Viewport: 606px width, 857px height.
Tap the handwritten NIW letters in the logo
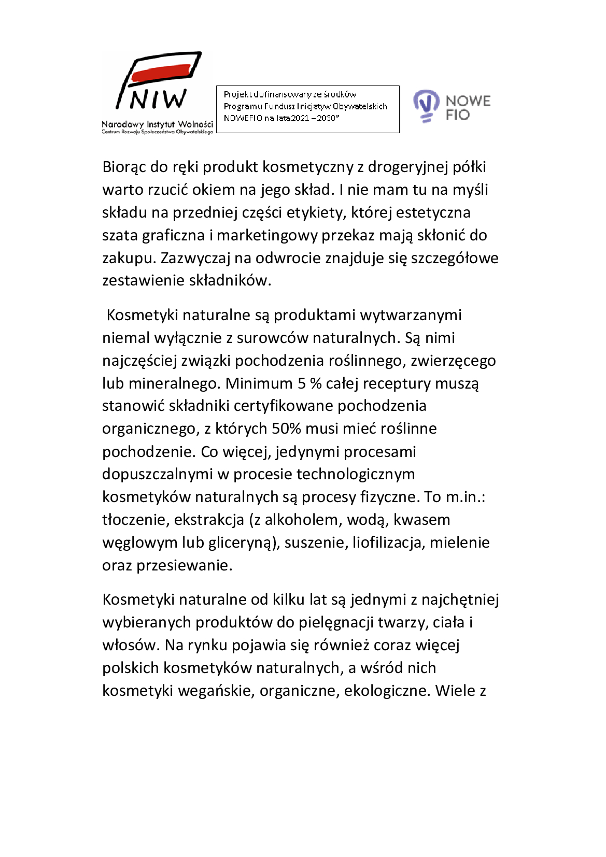point(158,99)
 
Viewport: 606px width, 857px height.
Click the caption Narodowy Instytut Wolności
point(157,124)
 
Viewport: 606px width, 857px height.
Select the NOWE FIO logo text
point(468,107)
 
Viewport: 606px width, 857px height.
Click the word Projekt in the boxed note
point(237,94)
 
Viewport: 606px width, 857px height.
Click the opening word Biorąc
point(124,167)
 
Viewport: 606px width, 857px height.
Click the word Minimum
point(259,383)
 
